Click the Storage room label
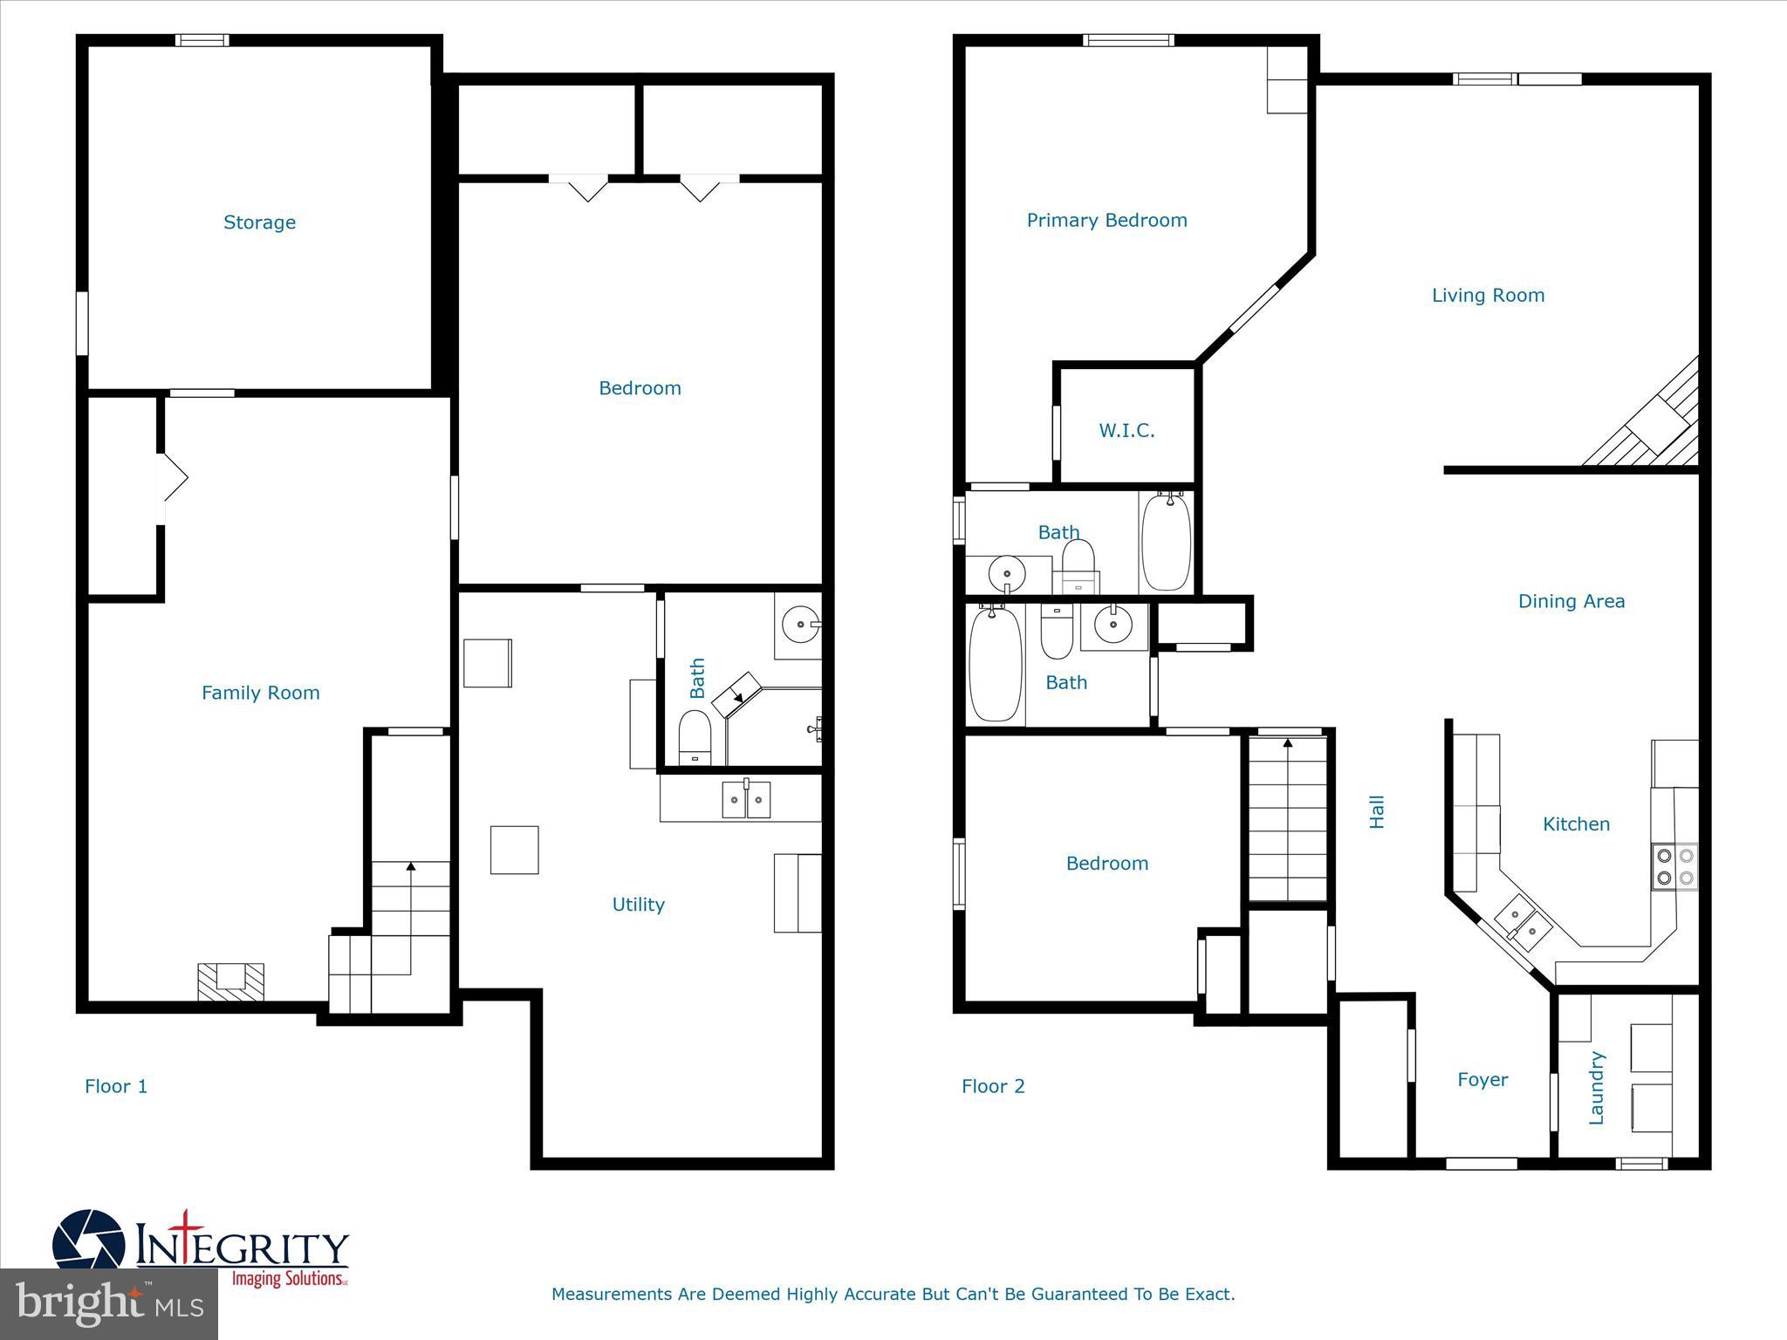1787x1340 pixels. (259, 222)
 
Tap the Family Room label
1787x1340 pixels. (260, 693)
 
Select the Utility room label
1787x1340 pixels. (638, 905)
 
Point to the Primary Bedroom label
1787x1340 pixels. (1106, 220)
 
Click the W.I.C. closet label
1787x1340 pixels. (1126, 430)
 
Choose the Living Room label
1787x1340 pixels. (1488, 296)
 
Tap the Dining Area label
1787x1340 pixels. (1571, 601)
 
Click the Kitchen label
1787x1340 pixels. (1576, 824)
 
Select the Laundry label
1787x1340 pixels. (1597, 1087)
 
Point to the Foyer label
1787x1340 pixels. (1482, 1080)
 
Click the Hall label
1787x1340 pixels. (1377, 811)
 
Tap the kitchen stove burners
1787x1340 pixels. (1674, 866)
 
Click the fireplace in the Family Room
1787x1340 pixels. (230, 980)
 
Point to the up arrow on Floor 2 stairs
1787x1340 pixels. (1288, 744)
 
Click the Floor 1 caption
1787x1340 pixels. (116, 1086)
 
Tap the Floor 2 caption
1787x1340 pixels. (993, 1086)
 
